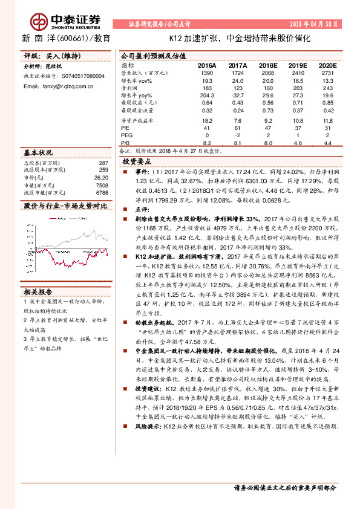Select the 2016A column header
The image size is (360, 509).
tap(207, 65)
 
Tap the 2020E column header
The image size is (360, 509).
tap(327, 65)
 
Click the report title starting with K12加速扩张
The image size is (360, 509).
tap(240, 37)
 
